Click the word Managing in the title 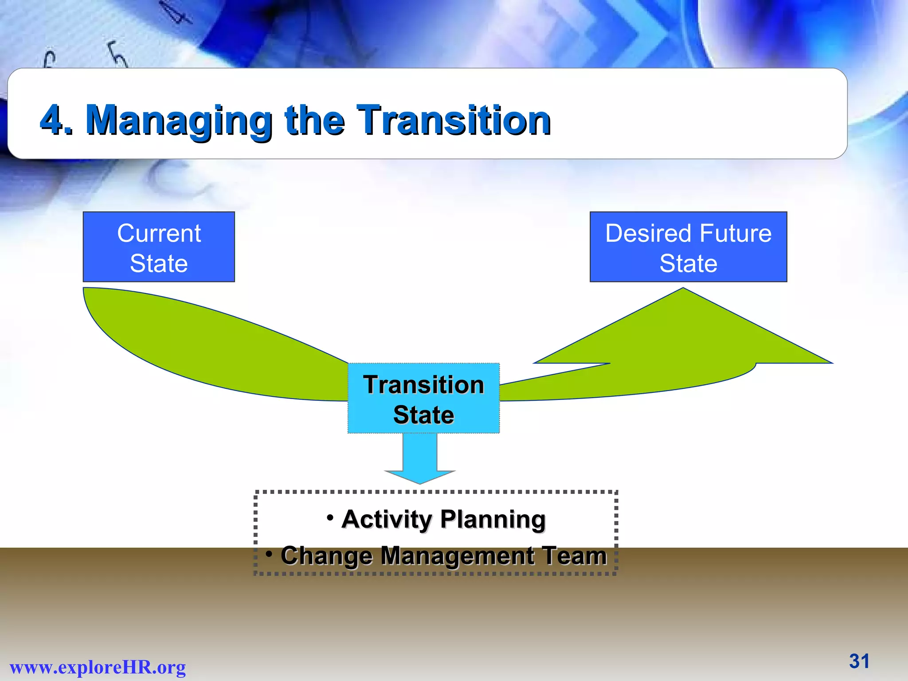coord(179,121)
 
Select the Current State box coord(159,247)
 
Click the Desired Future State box coord(688,247)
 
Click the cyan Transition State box coord(423,399)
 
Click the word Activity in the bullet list coord(386,519)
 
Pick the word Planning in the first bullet coord(493,519)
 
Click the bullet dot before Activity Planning coord(330,517)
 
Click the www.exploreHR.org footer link coord(98,667)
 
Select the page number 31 coord(859,661)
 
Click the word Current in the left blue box coord(159,233)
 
